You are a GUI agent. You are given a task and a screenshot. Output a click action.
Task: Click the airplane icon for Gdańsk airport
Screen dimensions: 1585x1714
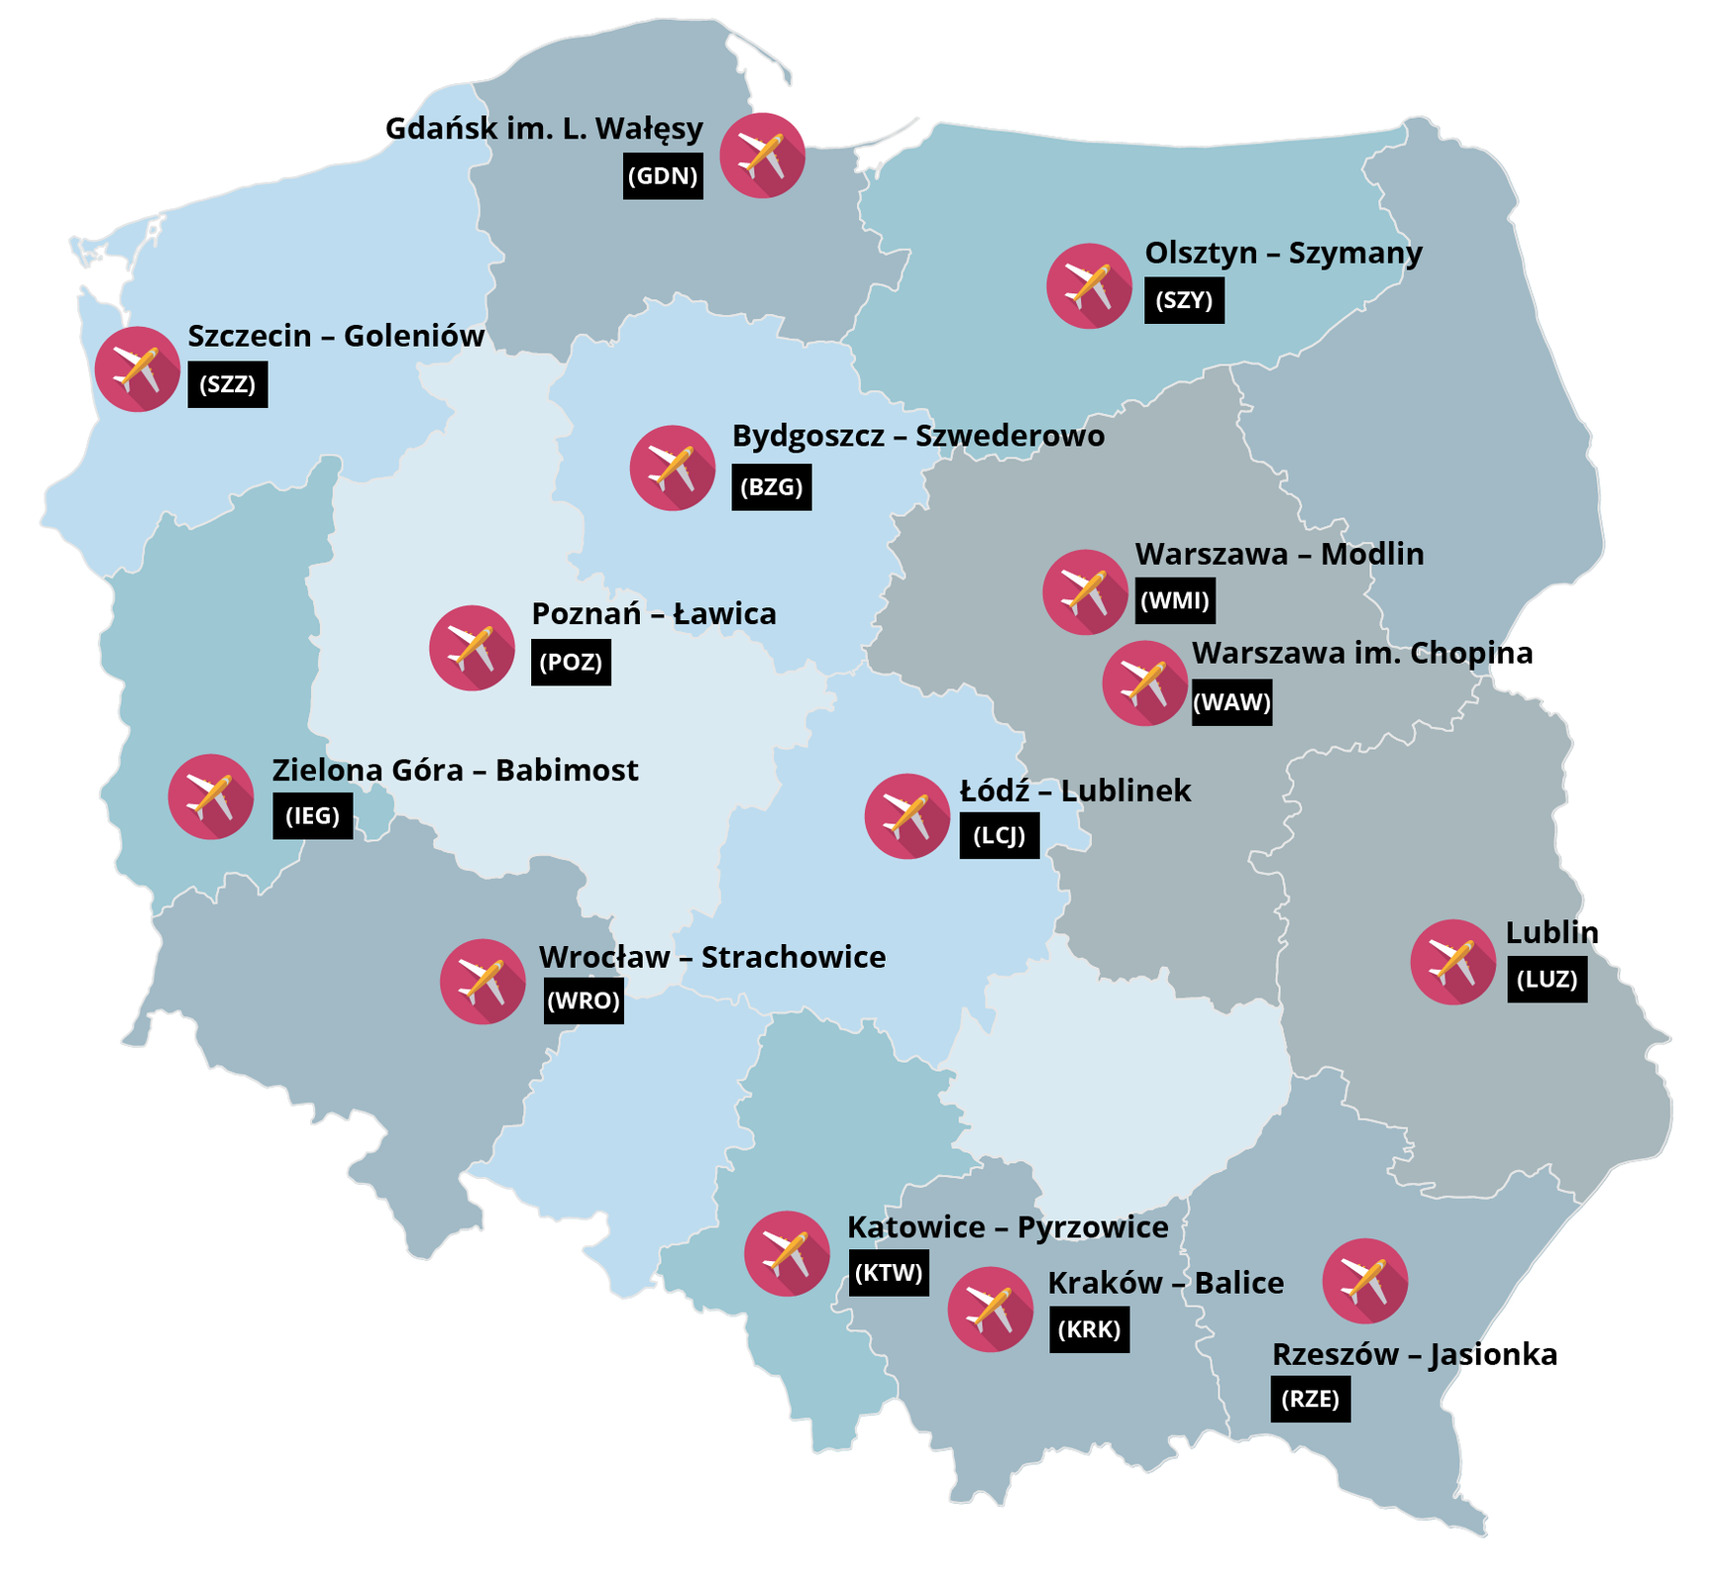[762, 156]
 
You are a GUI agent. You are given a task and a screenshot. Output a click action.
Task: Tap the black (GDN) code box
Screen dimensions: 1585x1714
[663, 176]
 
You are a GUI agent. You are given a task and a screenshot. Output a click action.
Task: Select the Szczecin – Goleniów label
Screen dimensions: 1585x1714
[336, 336]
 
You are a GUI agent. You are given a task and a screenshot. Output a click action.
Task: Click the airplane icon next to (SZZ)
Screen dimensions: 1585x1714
[138, 369]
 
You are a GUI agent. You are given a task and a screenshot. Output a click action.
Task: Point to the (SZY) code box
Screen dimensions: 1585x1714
[1184, 300]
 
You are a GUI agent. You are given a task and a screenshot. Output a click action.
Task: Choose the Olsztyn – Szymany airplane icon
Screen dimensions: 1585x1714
[1089, 285]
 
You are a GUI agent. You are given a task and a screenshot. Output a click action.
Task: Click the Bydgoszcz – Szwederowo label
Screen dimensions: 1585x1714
[917, 436]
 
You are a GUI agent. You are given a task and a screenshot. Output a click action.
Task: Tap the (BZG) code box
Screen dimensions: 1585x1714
[771, 487]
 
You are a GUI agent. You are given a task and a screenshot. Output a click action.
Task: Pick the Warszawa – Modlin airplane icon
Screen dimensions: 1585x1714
[1085, 591]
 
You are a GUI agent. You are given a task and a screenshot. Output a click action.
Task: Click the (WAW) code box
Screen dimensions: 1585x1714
[1232, 702]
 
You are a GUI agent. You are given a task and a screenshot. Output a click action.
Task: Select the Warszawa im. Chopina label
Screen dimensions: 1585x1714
[1362, 653]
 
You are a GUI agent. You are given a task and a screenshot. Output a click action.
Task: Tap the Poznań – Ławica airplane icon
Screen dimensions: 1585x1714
[472, 647]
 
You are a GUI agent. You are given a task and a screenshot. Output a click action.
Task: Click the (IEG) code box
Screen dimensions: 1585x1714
[312, 816]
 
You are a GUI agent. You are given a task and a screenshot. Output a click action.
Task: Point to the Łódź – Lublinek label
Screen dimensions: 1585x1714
[1075, 791]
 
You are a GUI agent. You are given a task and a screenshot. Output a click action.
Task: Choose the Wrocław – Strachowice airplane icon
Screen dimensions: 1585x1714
[482, 981]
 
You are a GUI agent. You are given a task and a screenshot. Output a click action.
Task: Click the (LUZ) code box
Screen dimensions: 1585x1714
[1547, 980]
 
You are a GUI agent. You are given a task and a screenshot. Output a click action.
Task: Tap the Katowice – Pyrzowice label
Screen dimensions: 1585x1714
[1008, 1227]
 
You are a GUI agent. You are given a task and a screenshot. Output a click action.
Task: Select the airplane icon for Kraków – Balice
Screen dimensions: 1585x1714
[990, 1309]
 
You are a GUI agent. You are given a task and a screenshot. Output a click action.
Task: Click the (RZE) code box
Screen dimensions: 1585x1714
[1310, 1399]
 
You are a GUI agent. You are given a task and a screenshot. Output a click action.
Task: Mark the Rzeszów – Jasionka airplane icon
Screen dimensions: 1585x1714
[1364, 1280]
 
